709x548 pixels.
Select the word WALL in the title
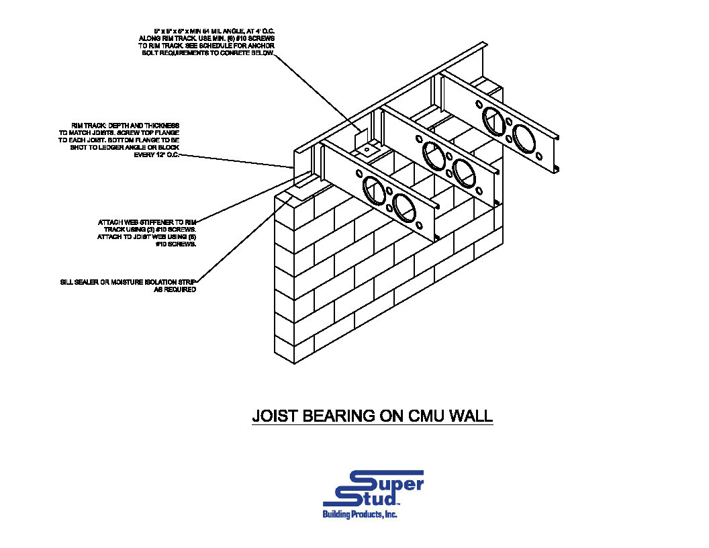point(470,416)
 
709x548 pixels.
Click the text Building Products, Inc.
point(360,514)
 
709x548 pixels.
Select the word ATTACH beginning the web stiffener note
point(111,222)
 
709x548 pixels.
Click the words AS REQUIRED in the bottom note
point(176,289)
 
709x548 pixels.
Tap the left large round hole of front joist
point(371,189)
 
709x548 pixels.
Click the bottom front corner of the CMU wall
point(295,363)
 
